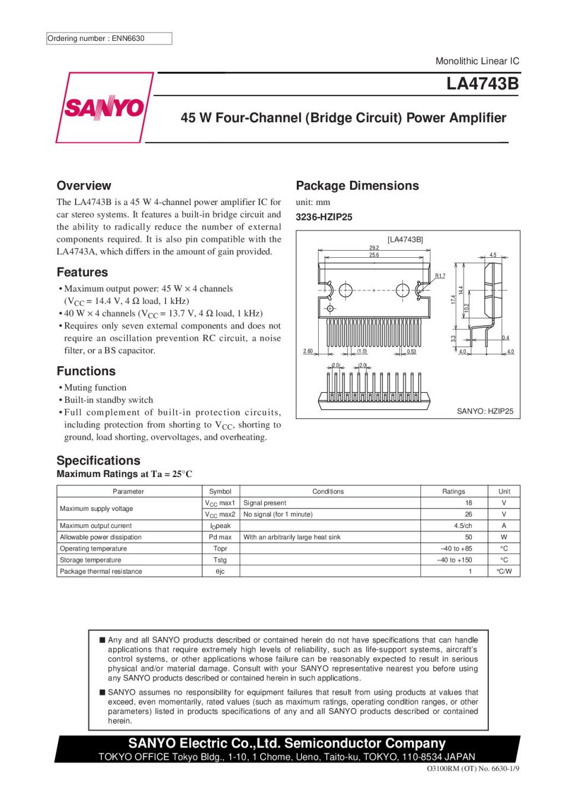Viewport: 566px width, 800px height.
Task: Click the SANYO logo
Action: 104,108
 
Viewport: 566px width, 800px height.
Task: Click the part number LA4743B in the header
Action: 482,84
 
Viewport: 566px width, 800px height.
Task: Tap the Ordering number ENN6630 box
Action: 109,39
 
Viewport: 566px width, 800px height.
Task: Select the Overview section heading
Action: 84,185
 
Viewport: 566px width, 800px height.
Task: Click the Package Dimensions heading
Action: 357,185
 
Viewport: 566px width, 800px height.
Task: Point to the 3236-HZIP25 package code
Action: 324,217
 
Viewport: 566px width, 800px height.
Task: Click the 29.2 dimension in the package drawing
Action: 373,248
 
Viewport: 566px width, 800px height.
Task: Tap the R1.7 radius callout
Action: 440,276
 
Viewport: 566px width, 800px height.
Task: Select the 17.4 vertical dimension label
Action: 453,299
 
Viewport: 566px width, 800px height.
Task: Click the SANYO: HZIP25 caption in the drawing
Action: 485,411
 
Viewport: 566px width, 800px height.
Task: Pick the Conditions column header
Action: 328,491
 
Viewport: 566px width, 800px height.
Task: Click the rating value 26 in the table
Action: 468,514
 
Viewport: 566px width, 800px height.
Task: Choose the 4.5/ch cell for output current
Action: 463,526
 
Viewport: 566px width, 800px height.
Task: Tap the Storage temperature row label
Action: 90,560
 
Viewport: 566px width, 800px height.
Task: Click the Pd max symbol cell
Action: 220,537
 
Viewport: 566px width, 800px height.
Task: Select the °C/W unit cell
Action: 504,571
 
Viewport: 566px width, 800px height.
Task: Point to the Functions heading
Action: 86,371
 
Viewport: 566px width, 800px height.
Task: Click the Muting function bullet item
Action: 95,388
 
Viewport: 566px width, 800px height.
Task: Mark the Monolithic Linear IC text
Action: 477,61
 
